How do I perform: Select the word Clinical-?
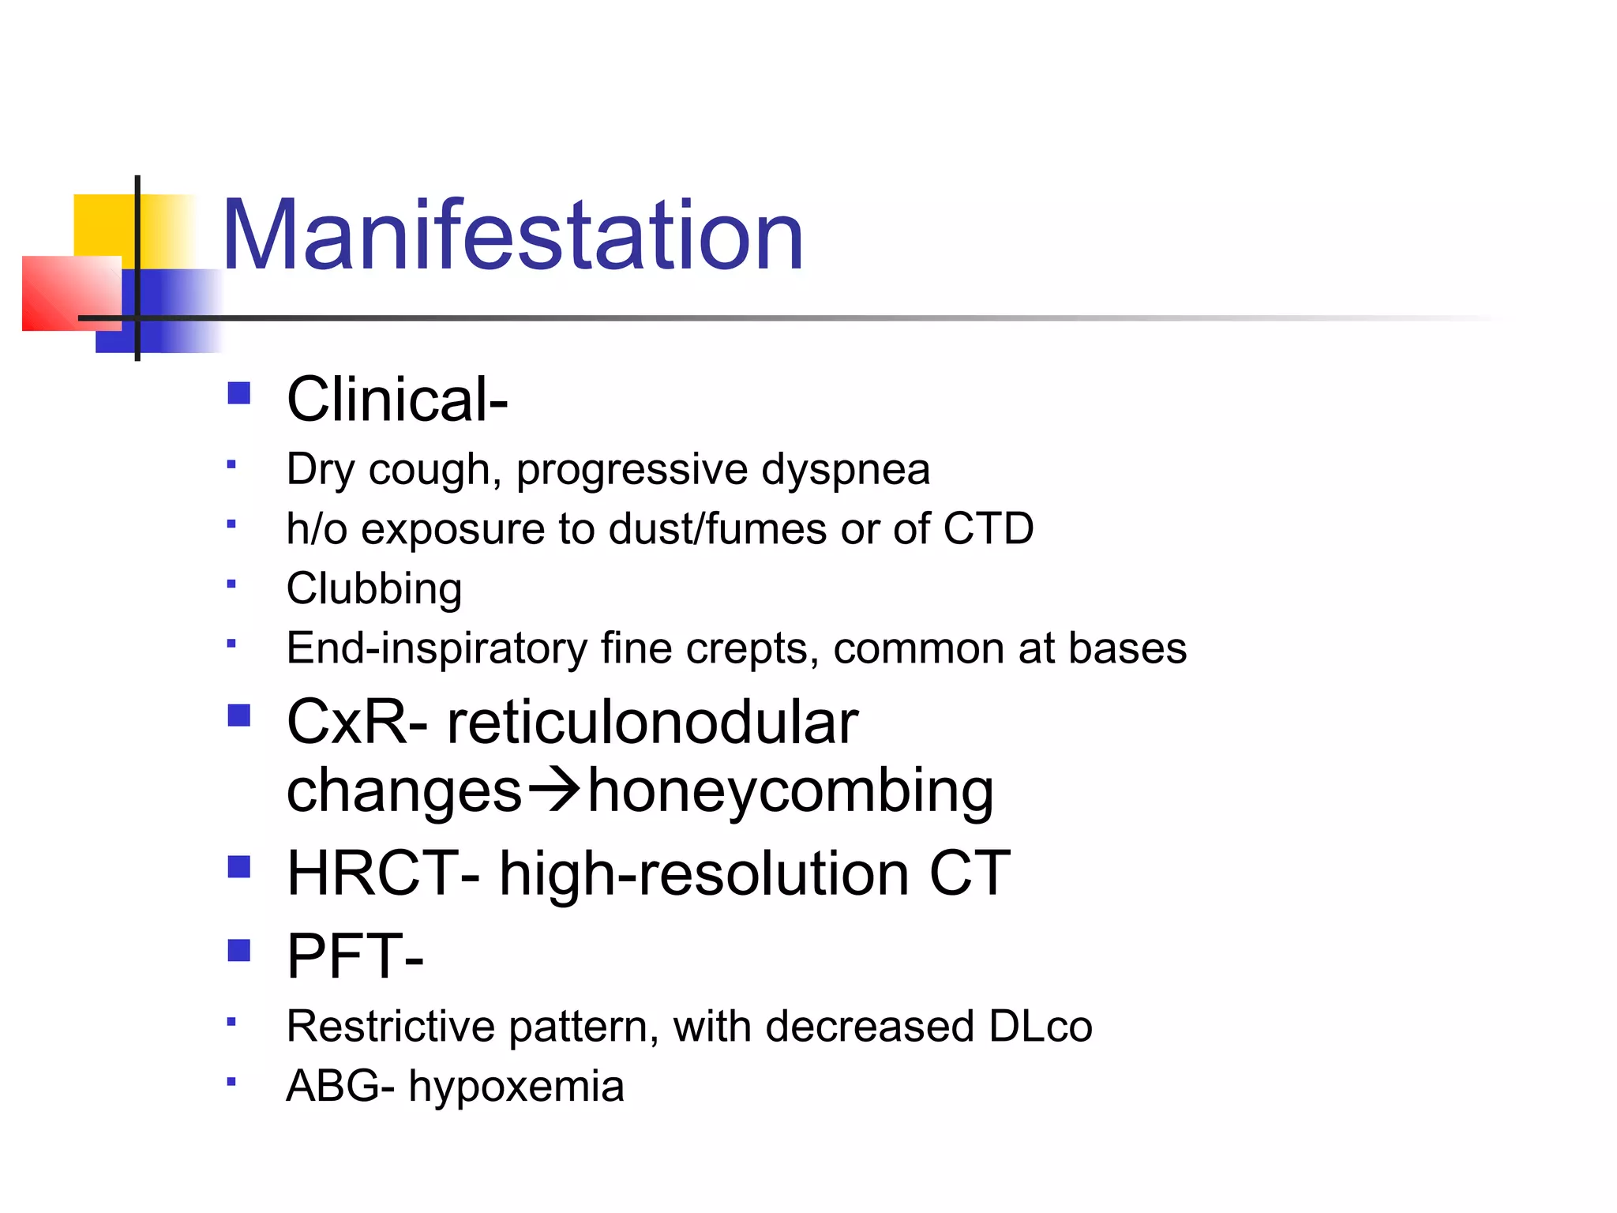[397, 400]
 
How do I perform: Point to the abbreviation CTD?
[988, 528]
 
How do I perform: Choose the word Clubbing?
[374, 589]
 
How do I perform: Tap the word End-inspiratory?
[437, 649]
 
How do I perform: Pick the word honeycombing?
[790, 791]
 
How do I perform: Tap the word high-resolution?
[704, 875]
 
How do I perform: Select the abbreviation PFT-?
[355, 956]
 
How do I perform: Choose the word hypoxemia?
[516, 1087]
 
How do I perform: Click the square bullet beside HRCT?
[238, 867]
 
